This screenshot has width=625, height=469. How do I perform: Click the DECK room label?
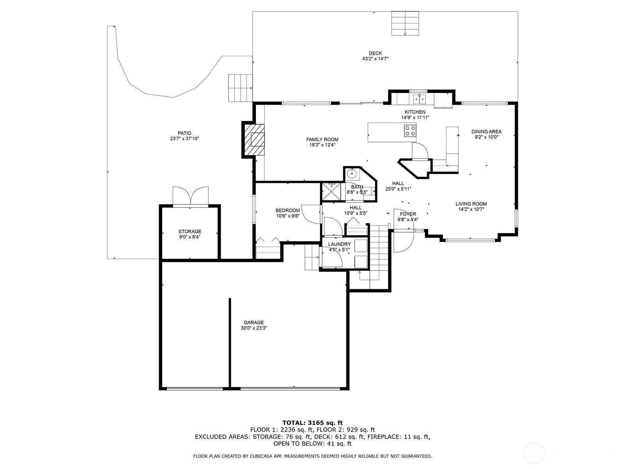point(375,53)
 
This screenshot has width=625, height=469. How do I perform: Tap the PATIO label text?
point(184,133)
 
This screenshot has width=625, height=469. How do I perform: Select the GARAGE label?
point(254,322)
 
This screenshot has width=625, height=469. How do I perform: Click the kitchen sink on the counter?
point(420,99)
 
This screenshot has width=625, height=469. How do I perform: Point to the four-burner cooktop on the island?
point(410,131)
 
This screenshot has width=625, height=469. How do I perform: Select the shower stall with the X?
point(331,192)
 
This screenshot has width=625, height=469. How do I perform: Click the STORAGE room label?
point(189,231)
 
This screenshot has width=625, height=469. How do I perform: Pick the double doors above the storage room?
point(190,195)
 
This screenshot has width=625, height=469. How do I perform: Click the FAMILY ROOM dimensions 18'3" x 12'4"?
point(322,145)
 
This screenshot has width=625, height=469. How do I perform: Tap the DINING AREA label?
point(486,132)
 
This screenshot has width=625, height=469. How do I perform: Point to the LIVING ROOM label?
point(471,204)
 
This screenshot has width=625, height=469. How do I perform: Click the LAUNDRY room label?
point(339,244)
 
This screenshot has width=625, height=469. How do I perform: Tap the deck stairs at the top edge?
point(405,23)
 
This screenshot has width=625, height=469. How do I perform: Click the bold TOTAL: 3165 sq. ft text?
point(312,422)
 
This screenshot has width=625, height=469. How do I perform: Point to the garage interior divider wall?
point(230,343)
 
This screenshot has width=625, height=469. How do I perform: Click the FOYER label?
point(408,214)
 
